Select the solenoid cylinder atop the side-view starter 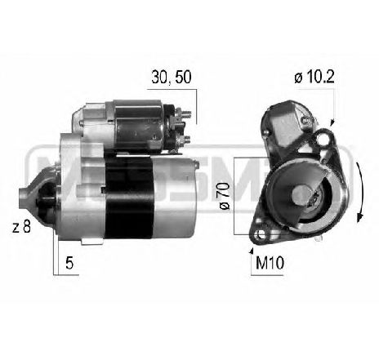point(139,122)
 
